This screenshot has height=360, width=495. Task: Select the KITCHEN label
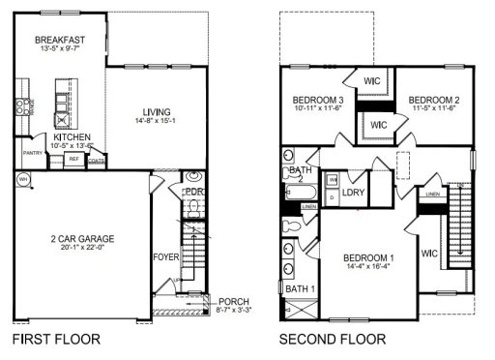[73, 137]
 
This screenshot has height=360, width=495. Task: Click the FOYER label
[165, 257]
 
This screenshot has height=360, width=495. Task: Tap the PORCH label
[235, 302]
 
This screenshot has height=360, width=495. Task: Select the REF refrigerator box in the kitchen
[73, 160]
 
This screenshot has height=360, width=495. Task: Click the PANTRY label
[33, 152]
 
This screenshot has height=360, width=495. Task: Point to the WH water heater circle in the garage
[22, 178]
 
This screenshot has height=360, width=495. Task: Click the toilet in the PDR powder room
[192, 177]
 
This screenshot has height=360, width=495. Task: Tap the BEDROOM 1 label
[370, 256]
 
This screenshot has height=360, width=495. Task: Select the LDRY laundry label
[353, 177]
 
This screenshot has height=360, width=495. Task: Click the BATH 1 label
[300, 288]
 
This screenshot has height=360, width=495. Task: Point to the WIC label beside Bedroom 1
[429, 254]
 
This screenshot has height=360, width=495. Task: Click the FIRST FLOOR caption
[54, 340]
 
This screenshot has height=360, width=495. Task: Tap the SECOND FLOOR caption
[332, 340]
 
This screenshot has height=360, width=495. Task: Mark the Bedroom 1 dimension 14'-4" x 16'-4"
[370, 267]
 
